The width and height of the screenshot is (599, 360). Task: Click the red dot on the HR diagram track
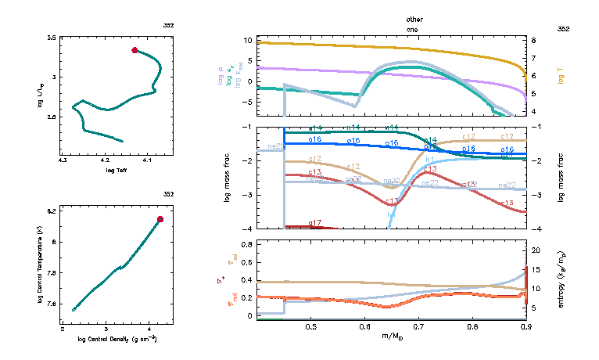(135, 50)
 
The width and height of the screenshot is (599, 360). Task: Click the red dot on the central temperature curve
(160, 219)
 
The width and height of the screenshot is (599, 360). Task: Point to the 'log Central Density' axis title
(117, 339)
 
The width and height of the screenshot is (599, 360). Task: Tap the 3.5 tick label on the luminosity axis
(52, 38)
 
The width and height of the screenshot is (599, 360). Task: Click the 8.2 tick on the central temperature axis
(52, 211)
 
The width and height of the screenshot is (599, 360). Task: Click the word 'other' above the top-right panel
(414, 18)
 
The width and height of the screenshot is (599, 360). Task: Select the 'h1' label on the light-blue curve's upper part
(430, 159)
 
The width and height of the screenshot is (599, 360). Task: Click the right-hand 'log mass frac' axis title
(561, 177)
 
